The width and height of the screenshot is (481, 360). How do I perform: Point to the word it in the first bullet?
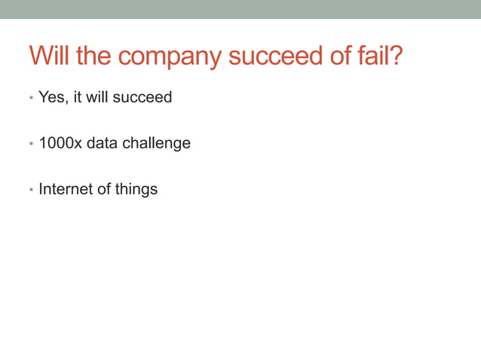click(x=77, y=97)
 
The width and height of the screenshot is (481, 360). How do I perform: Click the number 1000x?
click(x=60, y=142)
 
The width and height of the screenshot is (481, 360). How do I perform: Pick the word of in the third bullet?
click(x=104, y=188)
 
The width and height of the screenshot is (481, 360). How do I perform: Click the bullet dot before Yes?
click(x=31, y=99)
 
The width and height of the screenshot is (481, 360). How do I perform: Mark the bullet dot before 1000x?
click(x=31, y=144)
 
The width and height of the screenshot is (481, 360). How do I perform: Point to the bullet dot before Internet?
click(x=31, y=190)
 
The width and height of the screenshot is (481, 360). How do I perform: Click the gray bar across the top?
click(x=240, y=9)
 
